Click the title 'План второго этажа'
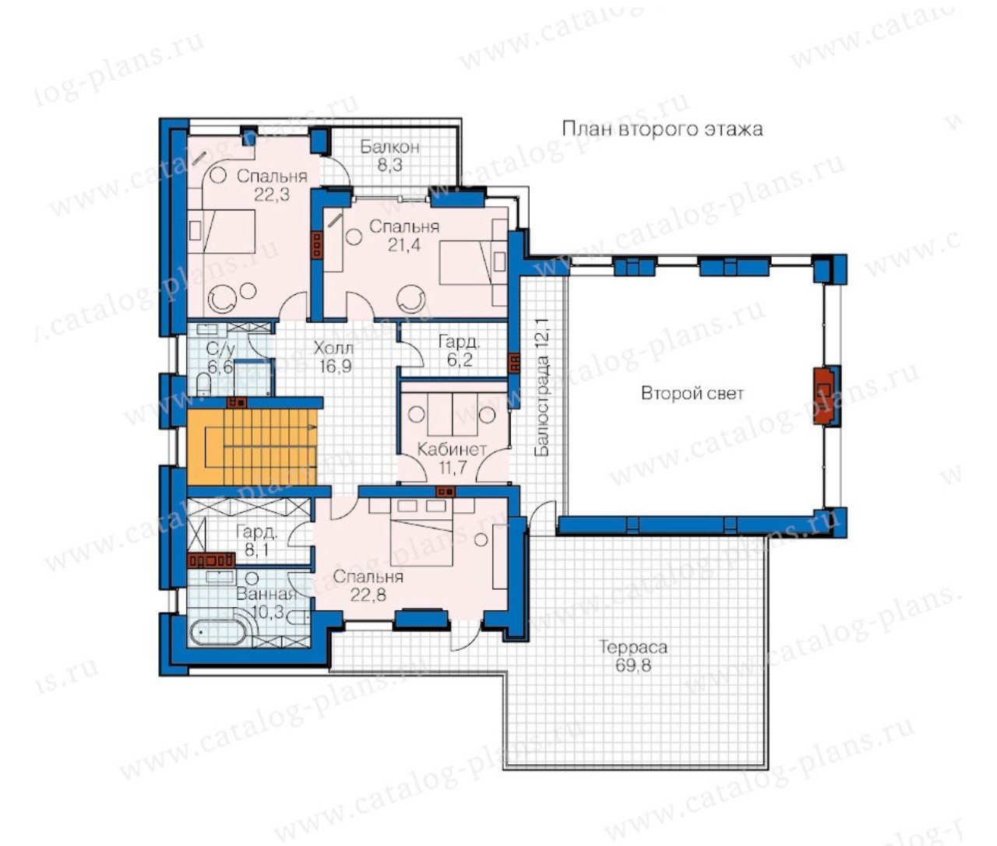click(x=662, y=129)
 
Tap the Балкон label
click(x=389, y=147)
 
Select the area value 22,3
click(x=272, y=195)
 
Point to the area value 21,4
click(x=404, y=245)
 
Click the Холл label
click(x=333, y=348)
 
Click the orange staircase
click(x=252, y=447)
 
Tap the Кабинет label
click(x=452, y=449)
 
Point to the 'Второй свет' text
click(x=692, y=393)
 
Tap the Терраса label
click(x=633, y=647)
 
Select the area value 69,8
click(x=633, y=665)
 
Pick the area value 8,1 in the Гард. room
click(x=256, y=549)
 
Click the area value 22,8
click(x=368, y=595)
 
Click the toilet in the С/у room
click(x=205, y=386)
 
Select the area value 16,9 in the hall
click(x=335, y=366)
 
